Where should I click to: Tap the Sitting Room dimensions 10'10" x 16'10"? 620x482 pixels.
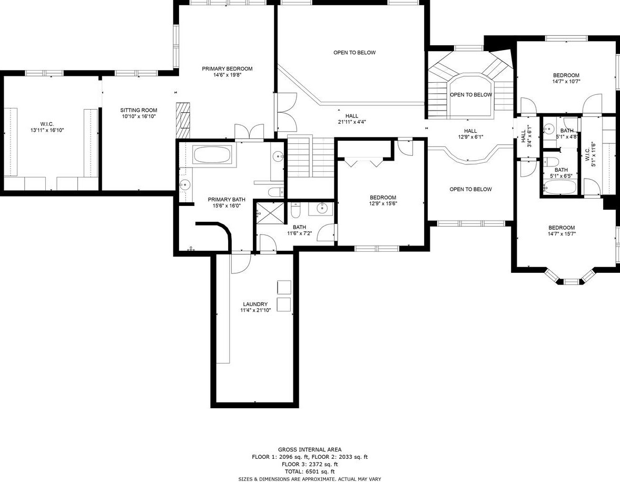point(139,116)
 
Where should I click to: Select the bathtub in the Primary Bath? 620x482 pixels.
point(213,154)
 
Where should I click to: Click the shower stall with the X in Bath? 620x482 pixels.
point(270,213)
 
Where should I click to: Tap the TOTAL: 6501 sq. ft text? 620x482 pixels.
point(310,471)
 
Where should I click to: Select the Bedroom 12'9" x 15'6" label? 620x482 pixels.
point(383,201)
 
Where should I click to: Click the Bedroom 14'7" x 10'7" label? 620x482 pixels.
point(566,78)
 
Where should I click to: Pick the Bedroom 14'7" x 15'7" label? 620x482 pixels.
point(562,231)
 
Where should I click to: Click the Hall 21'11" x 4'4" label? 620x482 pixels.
point(351,119)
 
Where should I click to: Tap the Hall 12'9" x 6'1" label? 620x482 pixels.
point(470,134)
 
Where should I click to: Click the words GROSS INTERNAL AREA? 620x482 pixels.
point(310,449)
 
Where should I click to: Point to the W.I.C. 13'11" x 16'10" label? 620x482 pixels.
point(47,127)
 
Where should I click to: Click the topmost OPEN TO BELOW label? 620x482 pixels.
point(355,53)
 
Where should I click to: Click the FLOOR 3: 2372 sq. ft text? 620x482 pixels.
point(310,464)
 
